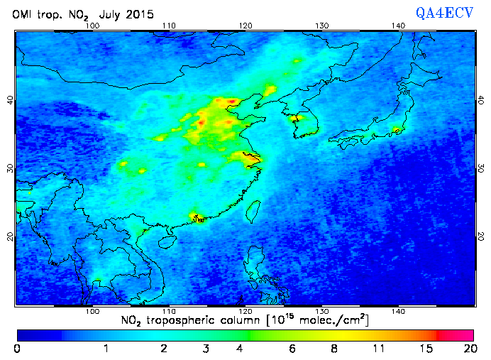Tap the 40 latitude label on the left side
(10, 100)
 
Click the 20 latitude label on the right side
(480, 236)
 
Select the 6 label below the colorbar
(292, 349)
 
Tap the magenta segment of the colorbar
(458, 334)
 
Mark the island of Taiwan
(251, 210)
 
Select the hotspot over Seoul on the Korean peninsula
(298, 118)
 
